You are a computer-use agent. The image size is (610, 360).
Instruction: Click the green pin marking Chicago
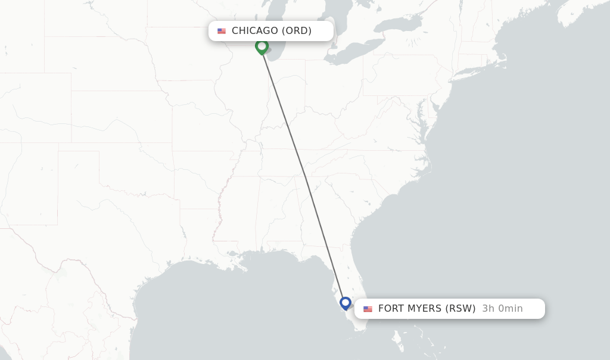tap(262, 46)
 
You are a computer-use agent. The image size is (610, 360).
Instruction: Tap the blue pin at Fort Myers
tap(346, 303)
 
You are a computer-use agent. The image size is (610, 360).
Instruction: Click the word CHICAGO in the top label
tap(254, 31)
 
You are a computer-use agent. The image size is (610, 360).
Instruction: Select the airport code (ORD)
tap(297, 31)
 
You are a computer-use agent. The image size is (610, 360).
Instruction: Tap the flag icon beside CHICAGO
tap(222, 31)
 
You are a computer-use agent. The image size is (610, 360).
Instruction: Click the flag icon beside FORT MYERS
tap(368, 309)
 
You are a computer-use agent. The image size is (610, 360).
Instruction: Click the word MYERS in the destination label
tap(425, 309)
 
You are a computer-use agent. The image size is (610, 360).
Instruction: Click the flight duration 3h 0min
tap(502, 309)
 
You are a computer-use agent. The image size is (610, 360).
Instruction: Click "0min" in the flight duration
tap(510, 309)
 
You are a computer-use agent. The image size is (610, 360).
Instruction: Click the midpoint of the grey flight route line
tap(304, 175)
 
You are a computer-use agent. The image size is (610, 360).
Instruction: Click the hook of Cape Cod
tap(505, 60)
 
